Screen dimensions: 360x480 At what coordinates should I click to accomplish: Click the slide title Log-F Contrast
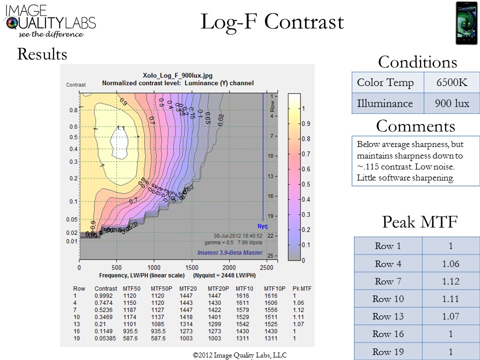click(x=272, y=22)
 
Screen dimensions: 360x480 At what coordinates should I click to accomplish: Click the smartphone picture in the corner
click(x=466, y=23)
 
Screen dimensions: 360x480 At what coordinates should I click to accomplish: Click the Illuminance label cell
click(x=387, y=103)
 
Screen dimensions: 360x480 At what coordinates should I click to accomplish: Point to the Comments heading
click(x=415, y=125)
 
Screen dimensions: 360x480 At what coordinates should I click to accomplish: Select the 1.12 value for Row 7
click(x=450, y=281)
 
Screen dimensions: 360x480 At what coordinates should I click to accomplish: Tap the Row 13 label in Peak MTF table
click(x=388, y=316)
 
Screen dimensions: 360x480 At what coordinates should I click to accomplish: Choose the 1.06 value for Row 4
click(x=450, y=263)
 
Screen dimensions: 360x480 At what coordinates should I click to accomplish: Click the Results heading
click(x=42, y=53)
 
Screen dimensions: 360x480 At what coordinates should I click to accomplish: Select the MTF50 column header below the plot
click(x=131, y=288)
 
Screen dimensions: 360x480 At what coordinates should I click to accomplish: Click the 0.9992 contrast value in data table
click(x=105, y=296)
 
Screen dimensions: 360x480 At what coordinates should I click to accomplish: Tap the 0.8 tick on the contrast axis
click(x=73, y=109)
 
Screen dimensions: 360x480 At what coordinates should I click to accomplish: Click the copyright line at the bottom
click(x=239, y=355)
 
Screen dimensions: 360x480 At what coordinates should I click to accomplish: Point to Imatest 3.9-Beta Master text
click(x=229, y=252)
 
